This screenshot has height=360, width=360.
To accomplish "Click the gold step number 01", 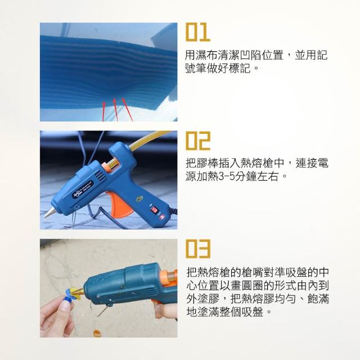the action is point(197,31).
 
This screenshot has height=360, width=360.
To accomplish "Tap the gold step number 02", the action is point(197,141).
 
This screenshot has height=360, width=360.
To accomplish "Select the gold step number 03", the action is point(198,249).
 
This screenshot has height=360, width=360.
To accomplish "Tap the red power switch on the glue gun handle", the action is point(154,210).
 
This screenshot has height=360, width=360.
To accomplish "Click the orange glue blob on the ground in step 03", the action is point(97,332).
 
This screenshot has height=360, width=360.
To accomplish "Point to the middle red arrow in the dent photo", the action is point(115,110).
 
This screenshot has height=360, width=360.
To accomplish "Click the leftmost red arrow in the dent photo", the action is point(103,111).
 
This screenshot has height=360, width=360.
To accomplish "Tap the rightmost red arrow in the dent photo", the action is point(128,110).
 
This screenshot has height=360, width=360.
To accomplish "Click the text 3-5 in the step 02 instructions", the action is point(226,177).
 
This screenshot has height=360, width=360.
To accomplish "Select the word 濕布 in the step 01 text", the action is point(208,55).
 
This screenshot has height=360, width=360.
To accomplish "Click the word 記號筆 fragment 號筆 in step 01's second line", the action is point(201,68).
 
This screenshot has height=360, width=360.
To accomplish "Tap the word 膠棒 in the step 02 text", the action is point(208,163).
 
